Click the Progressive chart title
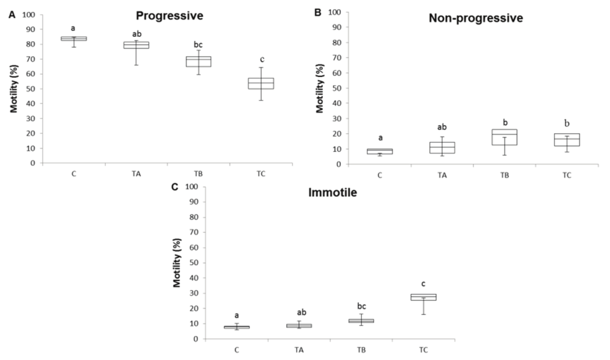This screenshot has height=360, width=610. [169, 16]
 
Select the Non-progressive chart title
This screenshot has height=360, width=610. [476, 18]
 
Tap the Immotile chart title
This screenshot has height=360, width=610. [332, 192]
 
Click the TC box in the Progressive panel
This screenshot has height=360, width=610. [261, 83]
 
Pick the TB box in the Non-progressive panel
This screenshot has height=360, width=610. [504, 137]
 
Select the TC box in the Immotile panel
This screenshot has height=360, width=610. [423, 297]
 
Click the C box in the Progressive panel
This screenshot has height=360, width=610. [74, 39]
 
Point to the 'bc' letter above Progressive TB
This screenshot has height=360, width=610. [198, 45]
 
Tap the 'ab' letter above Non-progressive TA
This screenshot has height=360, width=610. [442, 127]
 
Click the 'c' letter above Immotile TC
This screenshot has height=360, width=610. [423, 284]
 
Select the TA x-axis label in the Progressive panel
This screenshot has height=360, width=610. [136, 174]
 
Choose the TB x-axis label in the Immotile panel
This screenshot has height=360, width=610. [361, 350]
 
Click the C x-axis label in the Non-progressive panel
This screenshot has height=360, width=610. [380, 175]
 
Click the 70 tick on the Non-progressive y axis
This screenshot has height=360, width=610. [336, 58]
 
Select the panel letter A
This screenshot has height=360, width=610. [12, 15]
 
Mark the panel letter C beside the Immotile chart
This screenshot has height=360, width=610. [175, 187]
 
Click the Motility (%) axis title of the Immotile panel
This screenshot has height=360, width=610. [177, 263]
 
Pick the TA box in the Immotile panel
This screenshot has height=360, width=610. [299, 326]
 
